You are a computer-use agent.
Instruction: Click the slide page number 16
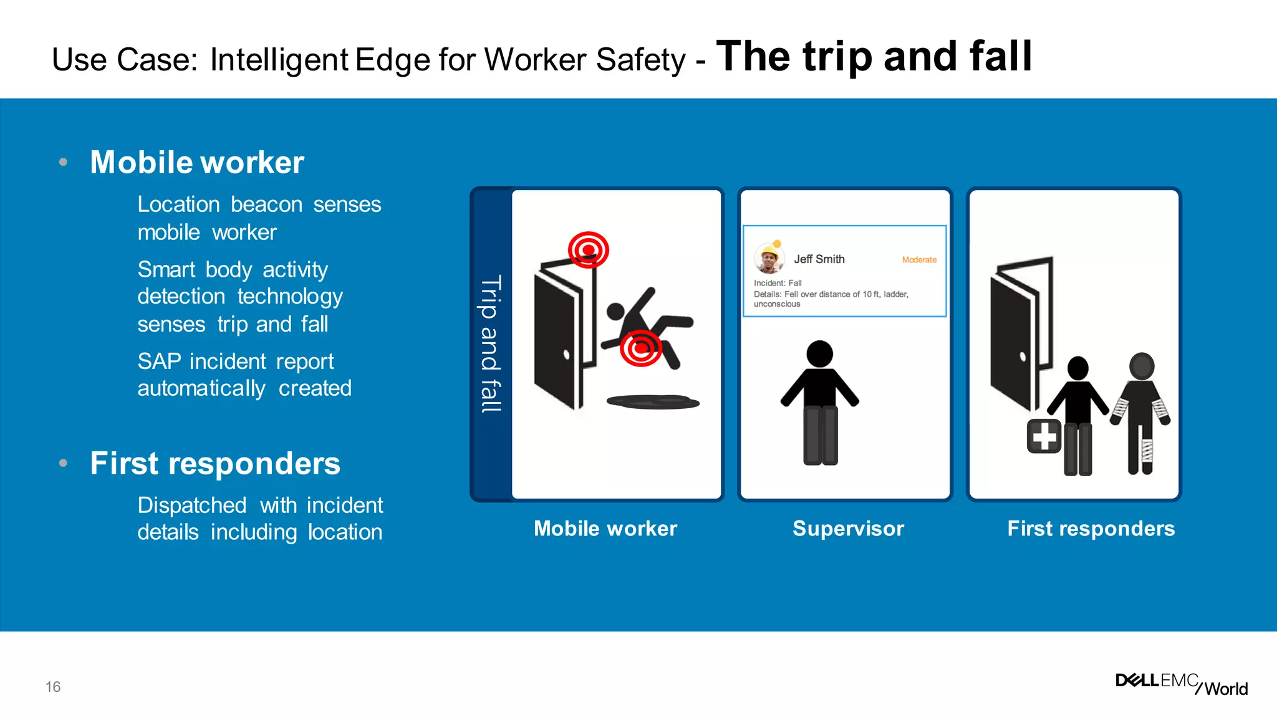(x=53, y=687)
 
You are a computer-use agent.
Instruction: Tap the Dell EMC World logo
(x=1181, y=684)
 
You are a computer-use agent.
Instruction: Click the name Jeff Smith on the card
(x=819, y=259)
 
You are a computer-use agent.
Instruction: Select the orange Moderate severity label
(x=919, y=260)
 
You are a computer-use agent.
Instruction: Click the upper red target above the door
(x=588, y=250)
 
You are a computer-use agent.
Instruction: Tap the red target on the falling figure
(x=640, y=348)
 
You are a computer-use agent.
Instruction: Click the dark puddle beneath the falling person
(x=653, y=402)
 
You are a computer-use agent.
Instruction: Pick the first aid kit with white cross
(x=1044, y=436)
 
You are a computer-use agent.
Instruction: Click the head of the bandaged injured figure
(x=1141, y=366)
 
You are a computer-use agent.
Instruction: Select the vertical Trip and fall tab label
(x=491, y=344)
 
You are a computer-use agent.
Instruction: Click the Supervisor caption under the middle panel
(x=848, y=529)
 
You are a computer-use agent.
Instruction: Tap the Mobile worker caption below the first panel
(x=605, y=529)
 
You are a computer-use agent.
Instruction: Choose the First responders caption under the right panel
(x=1091, y=529)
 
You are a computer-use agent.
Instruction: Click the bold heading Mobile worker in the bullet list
(x=197, y=162)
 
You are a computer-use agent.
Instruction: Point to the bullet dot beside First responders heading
(x=63, y=463)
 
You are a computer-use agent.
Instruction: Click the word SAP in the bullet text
(x=159, y=361)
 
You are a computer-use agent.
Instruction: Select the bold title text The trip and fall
(x=874, y=56)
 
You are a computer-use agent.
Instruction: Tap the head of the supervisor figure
(x=819, y=353)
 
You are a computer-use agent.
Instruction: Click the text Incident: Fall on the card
(x=778, y=283)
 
